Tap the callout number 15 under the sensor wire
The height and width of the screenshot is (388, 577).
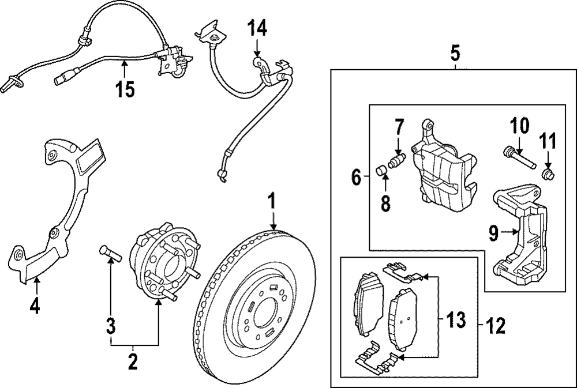[125, 89]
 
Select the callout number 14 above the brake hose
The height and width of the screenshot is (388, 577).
[257, 28]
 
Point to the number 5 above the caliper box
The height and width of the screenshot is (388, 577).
[455, 53]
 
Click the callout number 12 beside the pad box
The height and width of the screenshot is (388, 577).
[495, 326]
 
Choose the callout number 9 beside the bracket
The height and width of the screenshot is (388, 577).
[494, 233]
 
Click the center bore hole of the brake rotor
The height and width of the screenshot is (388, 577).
[265, 314]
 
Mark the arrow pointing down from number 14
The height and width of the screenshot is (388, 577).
[257, 47]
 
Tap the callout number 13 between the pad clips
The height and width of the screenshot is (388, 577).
[456, 319]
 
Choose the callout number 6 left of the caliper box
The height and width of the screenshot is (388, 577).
[356, 177]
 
